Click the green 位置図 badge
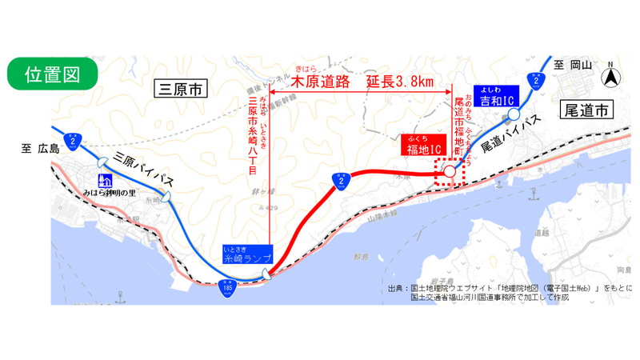52,74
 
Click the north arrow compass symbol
610,78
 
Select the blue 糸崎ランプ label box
247,255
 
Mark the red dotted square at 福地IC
449,172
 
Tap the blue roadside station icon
103,181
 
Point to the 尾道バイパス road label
510,134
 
